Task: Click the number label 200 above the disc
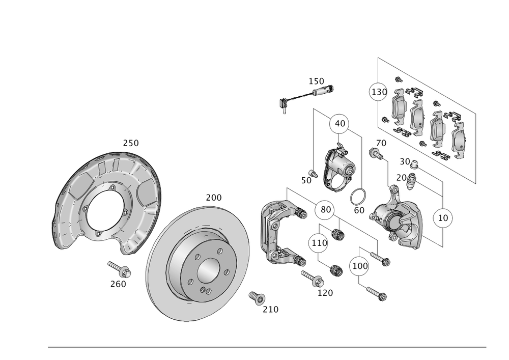click(214, 197)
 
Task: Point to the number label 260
click(118, 284)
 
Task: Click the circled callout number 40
click(339, 124)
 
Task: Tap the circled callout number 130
click(378, 92)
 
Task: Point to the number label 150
click(317, 81)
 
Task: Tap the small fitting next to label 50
click(314, 174)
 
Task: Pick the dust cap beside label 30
click(414, 164)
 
